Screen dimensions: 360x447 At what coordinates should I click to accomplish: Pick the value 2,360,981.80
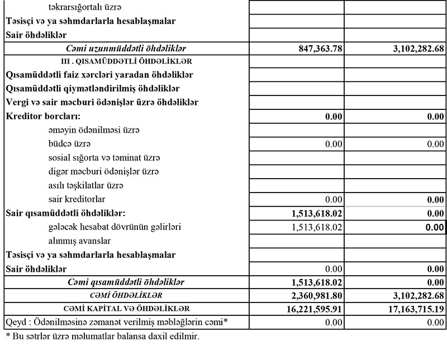coord(310,295)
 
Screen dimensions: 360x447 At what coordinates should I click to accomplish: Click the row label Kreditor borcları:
coord(43,117)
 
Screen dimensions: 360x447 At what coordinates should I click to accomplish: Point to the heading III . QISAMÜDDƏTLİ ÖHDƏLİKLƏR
coord(125,62)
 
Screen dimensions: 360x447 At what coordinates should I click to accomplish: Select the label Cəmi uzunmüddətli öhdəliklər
coord(126,49)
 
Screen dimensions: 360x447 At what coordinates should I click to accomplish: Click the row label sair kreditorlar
coord(77,199)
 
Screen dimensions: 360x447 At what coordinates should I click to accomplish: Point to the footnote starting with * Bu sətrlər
coord(102,337)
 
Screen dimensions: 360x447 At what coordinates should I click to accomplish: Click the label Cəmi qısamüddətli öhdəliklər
coord(126,282)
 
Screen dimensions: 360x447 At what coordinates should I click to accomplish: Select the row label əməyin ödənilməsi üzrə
coord(94,131)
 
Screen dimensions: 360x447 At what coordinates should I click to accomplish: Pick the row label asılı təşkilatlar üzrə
coord(85,185)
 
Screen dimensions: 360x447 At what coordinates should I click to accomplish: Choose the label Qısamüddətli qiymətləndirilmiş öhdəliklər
coord(94,89)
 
